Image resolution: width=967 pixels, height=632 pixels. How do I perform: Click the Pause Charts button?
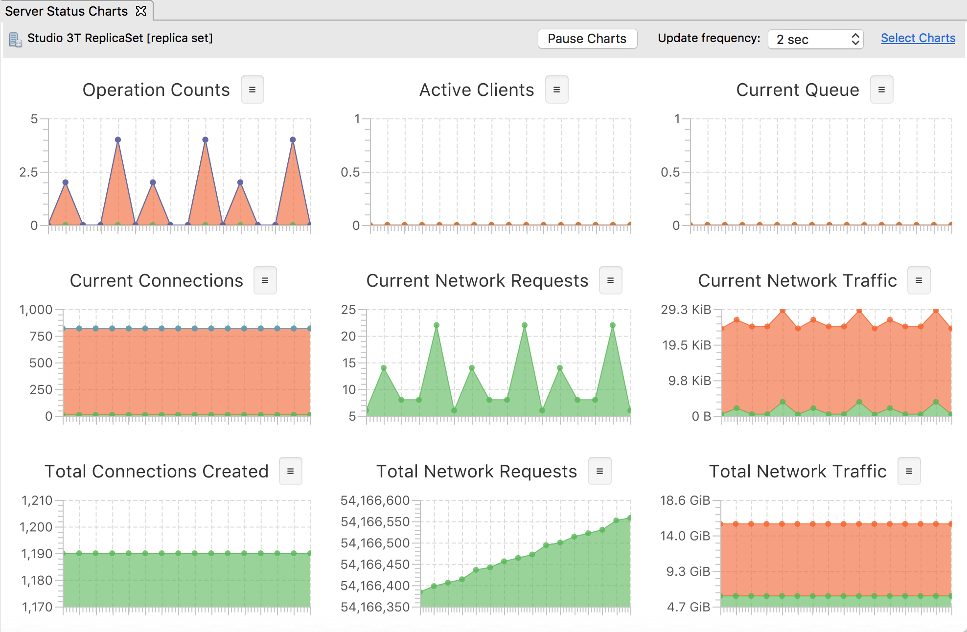coord(587,39)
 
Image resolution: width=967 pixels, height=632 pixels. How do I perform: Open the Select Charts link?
coord(918,38)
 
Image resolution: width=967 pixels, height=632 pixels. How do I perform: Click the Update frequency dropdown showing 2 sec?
coord(815,39)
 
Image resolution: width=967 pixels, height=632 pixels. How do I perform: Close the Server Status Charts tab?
coord(141,11)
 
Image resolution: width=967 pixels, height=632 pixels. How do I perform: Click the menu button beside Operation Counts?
coord(253,90)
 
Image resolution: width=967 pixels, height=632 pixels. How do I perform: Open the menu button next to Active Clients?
coord(557,90)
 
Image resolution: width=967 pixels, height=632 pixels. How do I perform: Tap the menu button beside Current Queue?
coord(882,90)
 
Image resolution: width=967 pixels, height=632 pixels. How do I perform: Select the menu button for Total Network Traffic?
coord(909,471)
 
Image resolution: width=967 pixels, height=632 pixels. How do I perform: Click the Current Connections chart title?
coord(157,281)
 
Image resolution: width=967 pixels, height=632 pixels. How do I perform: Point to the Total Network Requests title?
coord(477,472)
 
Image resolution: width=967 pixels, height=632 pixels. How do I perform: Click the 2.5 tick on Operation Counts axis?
coord(28,172)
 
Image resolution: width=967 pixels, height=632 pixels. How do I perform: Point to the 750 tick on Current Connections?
coord(41,337)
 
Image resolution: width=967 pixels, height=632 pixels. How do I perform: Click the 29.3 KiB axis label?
coord(686,310)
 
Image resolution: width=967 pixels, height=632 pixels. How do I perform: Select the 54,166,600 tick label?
coord(375,500)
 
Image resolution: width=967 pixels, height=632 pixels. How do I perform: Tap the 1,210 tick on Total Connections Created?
coord(37,500)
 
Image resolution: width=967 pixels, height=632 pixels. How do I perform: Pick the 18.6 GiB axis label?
coord(685,500)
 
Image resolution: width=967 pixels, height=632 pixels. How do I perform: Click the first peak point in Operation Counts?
coord(66,182)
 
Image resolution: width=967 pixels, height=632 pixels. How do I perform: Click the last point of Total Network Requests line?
coord(630,518)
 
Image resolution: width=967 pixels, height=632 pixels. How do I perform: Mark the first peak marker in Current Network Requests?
coord(384,368)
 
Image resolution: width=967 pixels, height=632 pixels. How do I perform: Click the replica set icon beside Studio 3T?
coord(16,40)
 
